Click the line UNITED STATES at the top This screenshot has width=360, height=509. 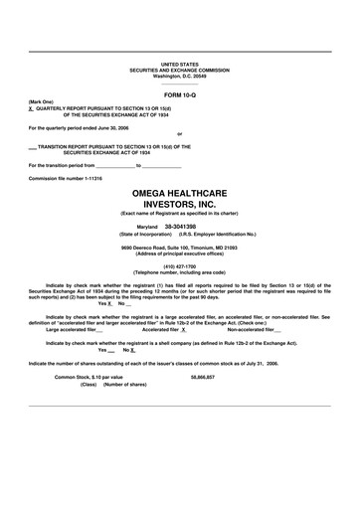pyautogui.click(x=179, y=64)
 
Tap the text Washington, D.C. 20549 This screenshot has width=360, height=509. pyautogui.click(x=179, y=76)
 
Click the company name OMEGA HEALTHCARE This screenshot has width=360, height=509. pyautogui.click(x=180, y=190)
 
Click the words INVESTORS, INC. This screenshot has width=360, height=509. pyautogui.click(x=180, y=203)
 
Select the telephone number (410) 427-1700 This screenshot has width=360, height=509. pyautogui.click(x=180, y=265)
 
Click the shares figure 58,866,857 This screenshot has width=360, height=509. pyautogui.click(x=202, y=377)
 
